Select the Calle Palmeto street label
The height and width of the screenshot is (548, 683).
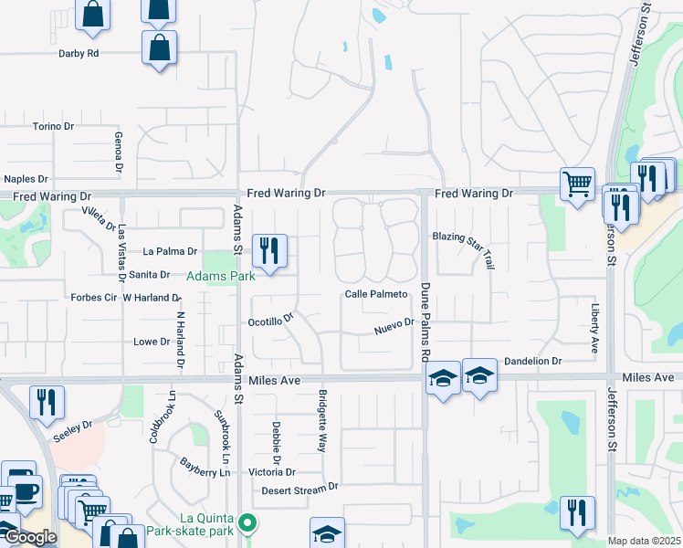[375, 294]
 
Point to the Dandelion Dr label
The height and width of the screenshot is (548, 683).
[532, 362]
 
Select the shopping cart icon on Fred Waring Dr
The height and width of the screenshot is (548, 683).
[577, 184]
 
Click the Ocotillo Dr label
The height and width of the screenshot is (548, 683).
[271, 321]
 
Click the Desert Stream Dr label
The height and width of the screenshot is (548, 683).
[300, 489]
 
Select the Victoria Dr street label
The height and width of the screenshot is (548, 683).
[272, 472]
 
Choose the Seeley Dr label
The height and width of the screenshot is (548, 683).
[75, 426]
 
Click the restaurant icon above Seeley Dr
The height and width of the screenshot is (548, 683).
[46, 402]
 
